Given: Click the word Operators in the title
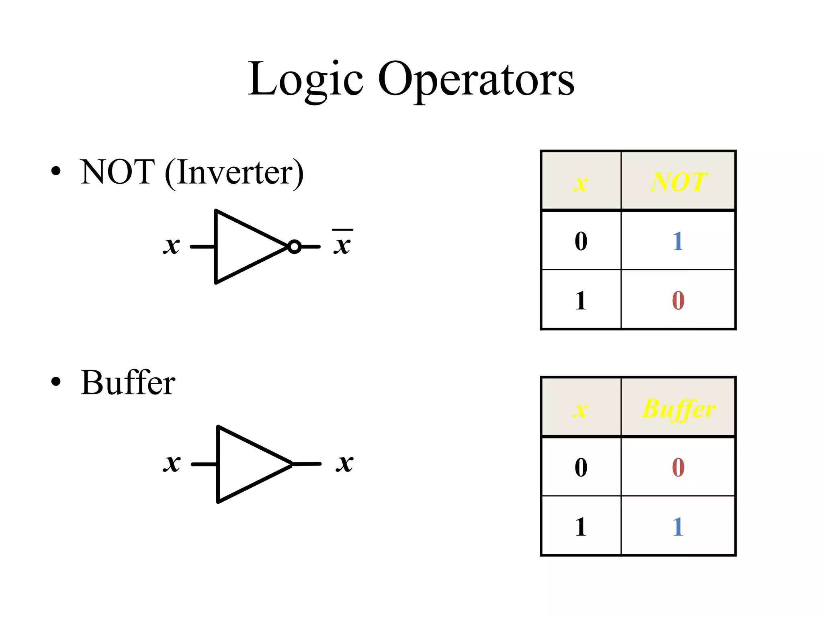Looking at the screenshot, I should [476, 80].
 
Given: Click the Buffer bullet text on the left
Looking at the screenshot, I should [128, 382].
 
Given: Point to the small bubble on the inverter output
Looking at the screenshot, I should [294, 247].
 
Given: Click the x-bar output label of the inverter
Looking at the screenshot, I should [342, 243].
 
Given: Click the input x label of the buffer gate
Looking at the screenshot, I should [172, 463].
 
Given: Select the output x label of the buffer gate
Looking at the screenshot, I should [345, 463].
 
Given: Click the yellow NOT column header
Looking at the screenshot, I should [678, 182].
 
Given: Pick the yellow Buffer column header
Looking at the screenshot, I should [678, 409].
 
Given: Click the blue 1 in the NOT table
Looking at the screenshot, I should [678, 241].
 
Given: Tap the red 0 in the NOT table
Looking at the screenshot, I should [678, 300].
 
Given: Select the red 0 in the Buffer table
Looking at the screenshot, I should [678, 467].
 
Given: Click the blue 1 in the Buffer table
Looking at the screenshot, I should [678, 527].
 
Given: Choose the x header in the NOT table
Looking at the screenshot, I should [581, 183].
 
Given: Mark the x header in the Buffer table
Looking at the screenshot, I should [581, 410].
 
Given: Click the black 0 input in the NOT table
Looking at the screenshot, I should [581, 241].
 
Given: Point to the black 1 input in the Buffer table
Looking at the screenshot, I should [581, 527].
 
